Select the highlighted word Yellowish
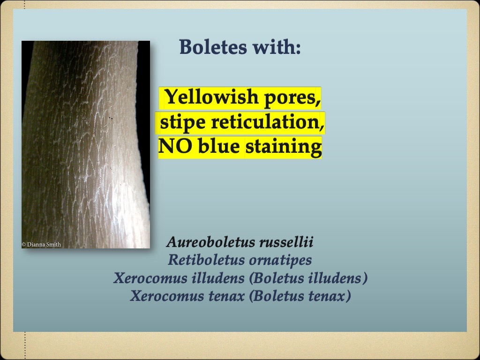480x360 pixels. point(211,97)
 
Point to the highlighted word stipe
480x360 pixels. point(183,122)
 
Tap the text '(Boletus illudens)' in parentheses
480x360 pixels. point(308,278)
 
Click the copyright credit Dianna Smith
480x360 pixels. point(44,244)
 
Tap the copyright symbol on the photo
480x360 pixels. point(23,244)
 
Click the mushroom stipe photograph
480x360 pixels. point(86,141)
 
